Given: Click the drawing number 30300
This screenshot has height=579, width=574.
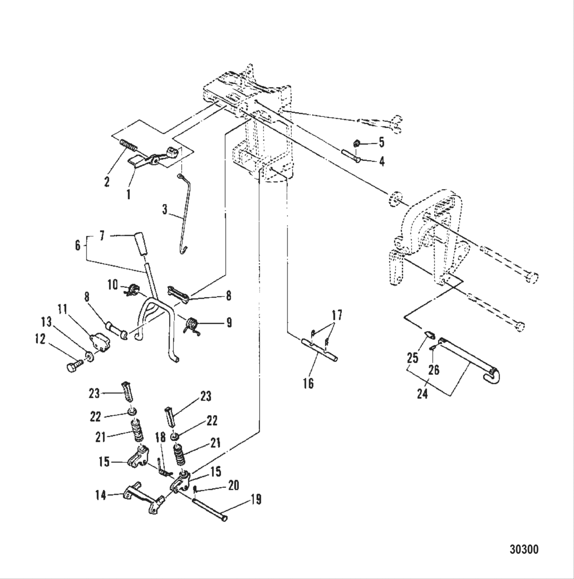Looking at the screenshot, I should click(x=523, y=550).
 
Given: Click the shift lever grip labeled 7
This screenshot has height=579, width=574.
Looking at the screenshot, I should click(x=140, y=244).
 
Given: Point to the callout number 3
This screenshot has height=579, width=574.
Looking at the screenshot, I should click(x=165, y=210).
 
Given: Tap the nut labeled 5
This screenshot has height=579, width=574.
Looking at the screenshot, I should click(x=358, y=143).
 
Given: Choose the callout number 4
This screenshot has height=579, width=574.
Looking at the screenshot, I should click(x=382, y=161).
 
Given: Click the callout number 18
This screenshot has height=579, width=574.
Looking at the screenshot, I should click(x=160, y=438).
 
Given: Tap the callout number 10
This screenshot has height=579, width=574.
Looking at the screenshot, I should click(x=113, y=284).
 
